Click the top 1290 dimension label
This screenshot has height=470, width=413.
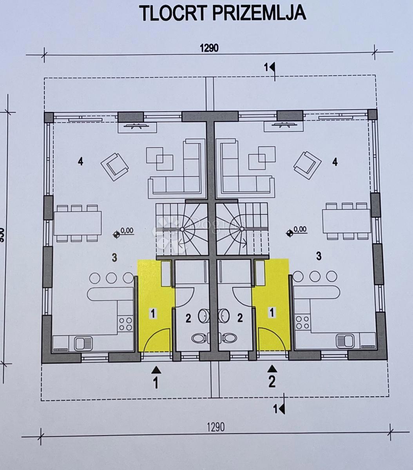pyautogui.click(x=209, y=48)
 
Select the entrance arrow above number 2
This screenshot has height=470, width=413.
pyautogui.click(x=272, y=369)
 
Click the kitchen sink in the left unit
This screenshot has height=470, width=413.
pyautogui.click(x=83, y=343)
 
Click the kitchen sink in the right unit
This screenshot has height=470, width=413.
pyautogui.click(x=345, y=341)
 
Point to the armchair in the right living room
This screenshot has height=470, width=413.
pyautogui.click(x=308, y=165)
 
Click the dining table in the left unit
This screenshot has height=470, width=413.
pyautogui.click(x=78, y=223)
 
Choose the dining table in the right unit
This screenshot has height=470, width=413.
pyautogui.click(x=346, y=221)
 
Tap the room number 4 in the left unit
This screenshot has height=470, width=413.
pyautogui.click(x=80, y=161)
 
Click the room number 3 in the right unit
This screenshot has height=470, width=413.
pyautogui.click(x=319, y=256)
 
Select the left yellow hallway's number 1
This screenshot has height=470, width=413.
pyautogui.click(x=153, y=313)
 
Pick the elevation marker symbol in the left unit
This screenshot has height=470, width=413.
pyautogui.click(x=116, y=235)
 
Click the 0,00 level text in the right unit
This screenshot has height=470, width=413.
pyautogui.click(x=300, y=230)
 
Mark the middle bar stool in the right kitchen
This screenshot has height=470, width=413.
pyautogui.click(x=315, y=277)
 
